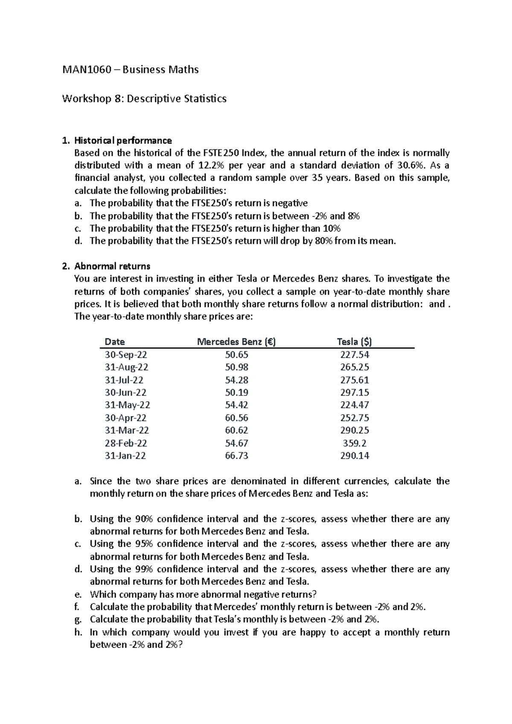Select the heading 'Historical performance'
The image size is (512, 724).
tap(123, 140)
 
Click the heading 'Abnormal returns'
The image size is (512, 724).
tap(112, 266)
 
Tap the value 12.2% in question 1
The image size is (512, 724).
tap(211, 165)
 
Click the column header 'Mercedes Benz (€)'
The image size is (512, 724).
tap(236, 342)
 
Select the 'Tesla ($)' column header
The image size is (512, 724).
tap(354, 342)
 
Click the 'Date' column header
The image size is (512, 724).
tap(115, 342)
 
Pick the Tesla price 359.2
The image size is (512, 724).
tap(355, 443)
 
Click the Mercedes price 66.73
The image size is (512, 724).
tap(236, 455)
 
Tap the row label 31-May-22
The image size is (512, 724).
tap(127, 405)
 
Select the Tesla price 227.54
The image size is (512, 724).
tap(355, 355)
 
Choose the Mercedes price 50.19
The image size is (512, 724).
tap(236, 392)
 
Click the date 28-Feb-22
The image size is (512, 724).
tap(126, 443)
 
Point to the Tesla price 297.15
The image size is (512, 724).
tap(355, 392)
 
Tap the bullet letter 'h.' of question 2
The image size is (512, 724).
tap(78, 632)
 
